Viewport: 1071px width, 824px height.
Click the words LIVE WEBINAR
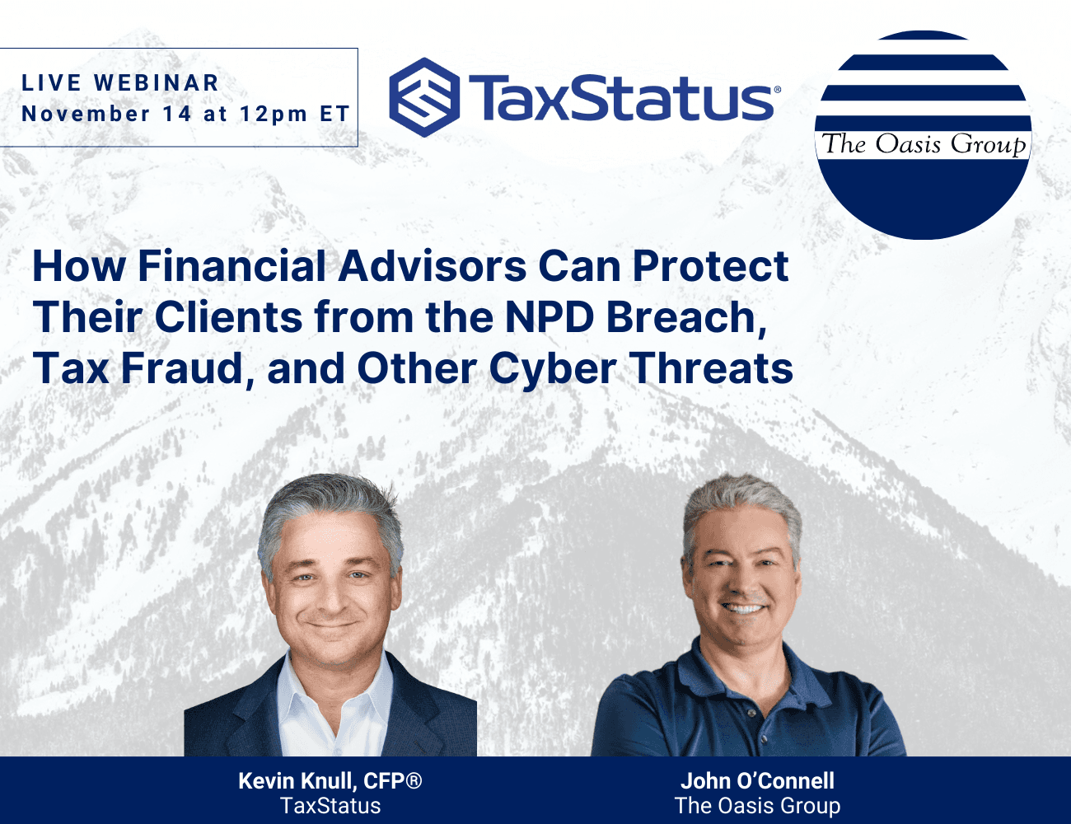coord(119,82)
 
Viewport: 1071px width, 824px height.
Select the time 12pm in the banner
coord(274,115)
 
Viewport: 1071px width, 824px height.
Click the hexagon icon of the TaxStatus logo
coord(424,97)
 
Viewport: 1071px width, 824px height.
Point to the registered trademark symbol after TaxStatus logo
coord(778,89)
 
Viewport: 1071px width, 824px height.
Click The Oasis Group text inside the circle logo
coord(924,145)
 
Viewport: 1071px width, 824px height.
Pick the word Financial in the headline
coord(232,266)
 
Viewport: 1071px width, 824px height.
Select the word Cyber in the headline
coord(553,370)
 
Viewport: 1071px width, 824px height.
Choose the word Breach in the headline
coord(686,318)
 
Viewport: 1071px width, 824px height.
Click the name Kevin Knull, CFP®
coord(330,780)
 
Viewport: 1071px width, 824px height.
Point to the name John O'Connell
coord(758,780)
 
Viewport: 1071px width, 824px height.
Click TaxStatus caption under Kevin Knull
coord(330,806)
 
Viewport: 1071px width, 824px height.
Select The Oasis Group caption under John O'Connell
coord(758,806)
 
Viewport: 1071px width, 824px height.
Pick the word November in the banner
coord(86,114)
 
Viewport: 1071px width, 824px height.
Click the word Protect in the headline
coord(711,266)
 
